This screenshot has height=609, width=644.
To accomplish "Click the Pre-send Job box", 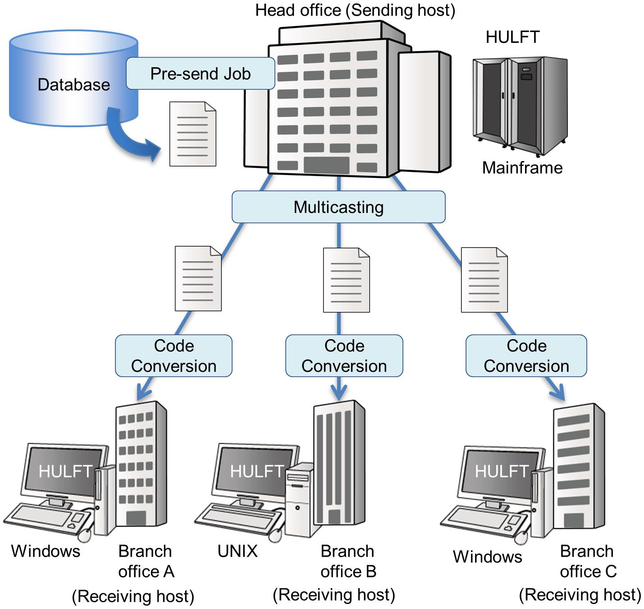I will point(200,74).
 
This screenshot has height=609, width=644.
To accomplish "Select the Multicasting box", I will point(338,207).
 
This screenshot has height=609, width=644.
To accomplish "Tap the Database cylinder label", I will point(74,84).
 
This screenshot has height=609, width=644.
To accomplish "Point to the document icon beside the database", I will point(192,134).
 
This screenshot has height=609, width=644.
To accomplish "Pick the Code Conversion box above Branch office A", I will point(174,356).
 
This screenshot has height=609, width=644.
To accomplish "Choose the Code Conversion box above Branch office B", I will point(344,356).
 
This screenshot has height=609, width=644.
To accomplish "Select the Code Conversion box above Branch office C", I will point(526,356).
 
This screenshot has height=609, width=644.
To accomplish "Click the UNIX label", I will point(238,551).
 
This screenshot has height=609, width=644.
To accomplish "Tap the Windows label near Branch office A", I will point(46,551).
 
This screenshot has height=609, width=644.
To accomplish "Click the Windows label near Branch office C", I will point(487,556).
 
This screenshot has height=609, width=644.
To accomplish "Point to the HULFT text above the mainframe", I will point(512,37).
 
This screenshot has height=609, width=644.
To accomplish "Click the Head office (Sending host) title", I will point(355,10).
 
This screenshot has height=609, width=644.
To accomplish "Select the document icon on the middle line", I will point(346,280).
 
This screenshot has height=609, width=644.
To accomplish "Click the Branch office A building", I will point(141,465).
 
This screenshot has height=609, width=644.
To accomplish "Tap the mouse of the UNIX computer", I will point(275,535).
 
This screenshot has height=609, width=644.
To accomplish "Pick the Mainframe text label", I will point(522,168).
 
